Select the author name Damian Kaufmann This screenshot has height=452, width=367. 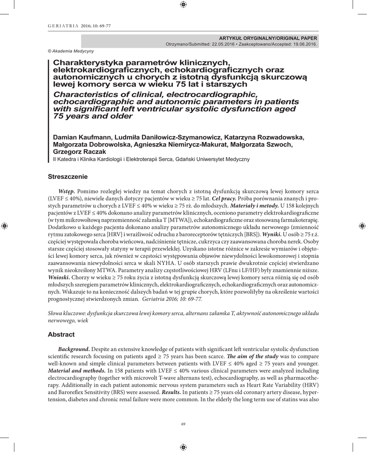pyautogui.click(x=82, y=137)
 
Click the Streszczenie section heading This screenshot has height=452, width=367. pyautogui.click(x=67, y=177)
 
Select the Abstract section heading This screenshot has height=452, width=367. pyautogui.click(x=61, y=335)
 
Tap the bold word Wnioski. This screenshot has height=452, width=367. pyautogui.click(x=59, y=277)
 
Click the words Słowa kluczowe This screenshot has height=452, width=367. pyautogui.click(x=66, y=313)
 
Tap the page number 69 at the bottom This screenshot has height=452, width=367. pyautogui.click(x=183, y=424)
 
